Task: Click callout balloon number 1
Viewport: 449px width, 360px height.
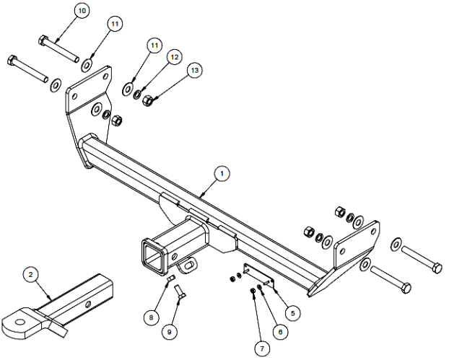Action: point(222,174)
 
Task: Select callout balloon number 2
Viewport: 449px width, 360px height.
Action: point(30,274)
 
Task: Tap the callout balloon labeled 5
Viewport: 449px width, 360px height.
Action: point(292,313)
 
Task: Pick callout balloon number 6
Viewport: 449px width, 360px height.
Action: point(280,332)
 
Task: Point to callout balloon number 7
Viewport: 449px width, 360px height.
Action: point(262,348)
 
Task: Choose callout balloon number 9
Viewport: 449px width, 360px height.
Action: point(169,332)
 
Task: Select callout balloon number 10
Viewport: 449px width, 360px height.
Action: point(82,11)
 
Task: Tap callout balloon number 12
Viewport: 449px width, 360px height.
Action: point(175,57)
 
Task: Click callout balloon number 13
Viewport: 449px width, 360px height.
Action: point(194,70)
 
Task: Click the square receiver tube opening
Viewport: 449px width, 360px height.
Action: point(153,255)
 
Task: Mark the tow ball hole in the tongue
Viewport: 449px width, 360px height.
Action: point(20,322)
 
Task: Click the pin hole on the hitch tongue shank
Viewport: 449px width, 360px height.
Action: point(89,303)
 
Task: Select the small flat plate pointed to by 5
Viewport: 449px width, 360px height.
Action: point(258,275)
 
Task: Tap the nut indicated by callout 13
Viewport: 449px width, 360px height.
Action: point(147,100)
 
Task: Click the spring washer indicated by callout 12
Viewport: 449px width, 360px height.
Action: point(137,95)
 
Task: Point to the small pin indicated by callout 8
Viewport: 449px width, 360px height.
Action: point(170,278)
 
